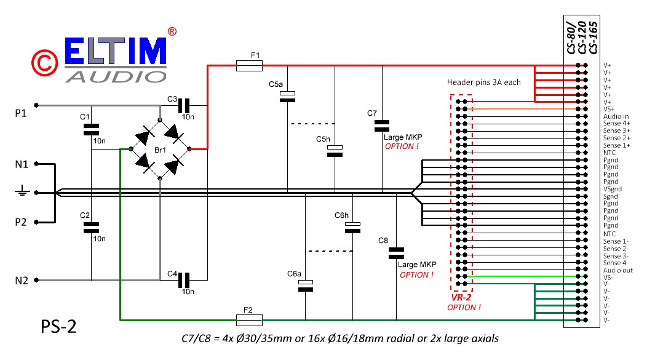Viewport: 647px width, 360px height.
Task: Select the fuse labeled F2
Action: (x=250, y=320)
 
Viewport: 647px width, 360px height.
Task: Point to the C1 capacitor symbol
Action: (x=91, y=129)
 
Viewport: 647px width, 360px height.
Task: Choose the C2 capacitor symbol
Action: (x=91, y=227)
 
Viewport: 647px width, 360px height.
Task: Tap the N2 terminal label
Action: (x=22, y=281)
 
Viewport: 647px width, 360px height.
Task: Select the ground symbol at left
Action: (x=22, y=193)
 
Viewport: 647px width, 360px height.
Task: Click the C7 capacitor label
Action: (x=372, y=113)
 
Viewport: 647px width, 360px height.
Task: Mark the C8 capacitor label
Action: (x=383, y=239)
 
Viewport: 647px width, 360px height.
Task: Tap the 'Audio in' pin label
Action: (x=616, y=116)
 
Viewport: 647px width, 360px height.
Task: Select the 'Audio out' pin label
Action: (x=617, y=270)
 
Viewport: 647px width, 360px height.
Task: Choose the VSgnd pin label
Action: (x=613, y=190)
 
